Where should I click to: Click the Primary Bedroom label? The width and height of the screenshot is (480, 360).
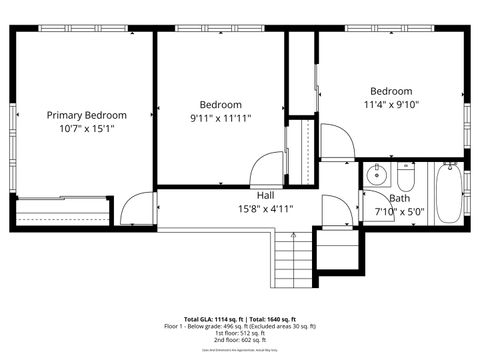[x=85, y=115]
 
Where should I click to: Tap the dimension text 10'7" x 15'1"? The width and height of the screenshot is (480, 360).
[x=85, y=128]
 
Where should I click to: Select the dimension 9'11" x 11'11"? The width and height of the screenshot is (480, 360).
[x=220, y=118]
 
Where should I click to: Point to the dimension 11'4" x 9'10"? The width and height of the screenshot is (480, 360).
[x=391, y=103]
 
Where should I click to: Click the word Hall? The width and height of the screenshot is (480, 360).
[x=266, y=195]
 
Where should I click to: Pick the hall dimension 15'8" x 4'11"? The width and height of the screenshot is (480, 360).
[x=266, y=209]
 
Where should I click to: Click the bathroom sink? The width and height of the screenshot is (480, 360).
[x=377, y=176]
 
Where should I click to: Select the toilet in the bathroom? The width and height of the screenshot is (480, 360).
[x=406, y=178]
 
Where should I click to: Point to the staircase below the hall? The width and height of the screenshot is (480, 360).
[x=293, y=259]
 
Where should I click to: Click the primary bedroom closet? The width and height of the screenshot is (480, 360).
[x=63, y=211]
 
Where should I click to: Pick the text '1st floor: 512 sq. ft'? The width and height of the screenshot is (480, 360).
[x=239, y=332]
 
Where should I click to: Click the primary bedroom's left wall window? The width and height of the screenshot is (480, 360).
[x=14, y=125]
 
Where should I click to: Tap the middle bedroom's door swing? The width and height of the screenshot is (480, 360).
[x=268, y=167]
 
